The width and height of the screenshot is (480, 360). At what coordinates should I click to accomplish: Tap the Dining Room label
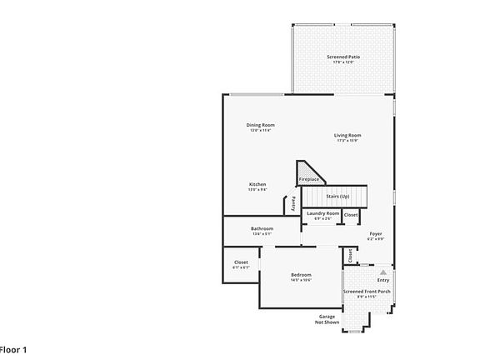click(x=260, y=125)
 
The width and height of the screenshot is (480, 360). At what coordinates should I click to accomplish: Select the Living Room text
click(x=347, y=135)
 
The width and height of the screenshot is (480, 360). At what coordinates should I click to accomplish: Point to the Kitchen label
click(x=257, y=184)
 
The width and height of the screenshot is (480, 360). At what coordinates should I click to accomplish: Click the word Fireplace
click(x=309, y=179)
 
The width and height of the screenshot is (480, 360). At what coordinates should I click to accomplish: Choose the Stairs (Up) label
click(x=337, y=197)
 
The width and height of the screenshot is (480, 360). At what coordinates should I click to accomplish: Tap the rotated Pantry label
click(x=293, y=203)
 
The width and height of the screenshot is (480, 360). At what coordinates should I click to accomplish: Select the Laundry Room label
click(x=322, y=213)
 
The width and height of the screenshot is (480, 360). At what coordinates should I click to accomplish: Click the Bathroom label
click(x=262, y=228)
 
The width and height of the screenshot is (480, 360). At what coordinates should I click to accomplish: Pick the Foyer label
click(x=376, y=234)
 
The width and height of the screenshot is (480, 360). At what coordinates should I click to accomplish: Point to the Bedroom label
click(x=301, y=275)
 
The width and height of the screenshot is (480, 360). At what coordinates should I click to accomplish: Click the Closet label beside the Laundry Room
click(x=351, y=215)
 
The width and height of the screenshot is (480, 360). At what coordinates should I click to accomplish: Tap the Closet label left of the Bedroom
click(x=240, y=262)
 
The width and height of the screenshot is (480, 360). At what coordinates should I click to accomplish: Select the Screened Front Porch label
click(x=367, y=292)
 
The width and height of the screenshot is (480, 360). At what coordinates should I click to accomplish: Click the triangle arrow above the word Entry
click(x=383, y=272)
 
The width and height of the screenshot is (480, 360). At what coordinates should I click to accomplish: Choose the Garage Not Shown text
click(x=327, y=319)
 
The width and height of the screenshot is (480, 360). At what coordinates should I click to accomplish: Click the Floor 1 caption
click(x=13, y=349)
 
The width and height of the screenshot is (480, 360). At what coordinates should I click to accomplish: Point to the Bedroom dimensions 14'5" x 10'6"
click(x=301, y=281)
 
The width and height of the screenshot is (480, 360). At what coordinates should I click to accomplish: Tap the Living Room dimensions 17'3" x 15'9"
click(x=347, y=141)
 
